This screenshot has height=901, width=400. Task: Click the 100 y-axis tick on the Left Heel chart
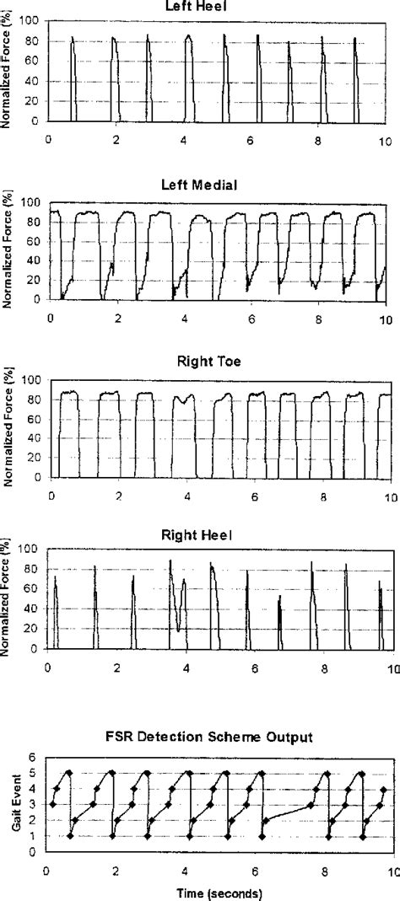[x=32, y=22]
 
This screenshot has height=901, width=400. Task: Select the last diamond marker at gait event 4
[x=384, y=790]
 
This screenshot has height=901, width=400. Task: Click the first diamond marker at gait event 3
[x=52, y=804]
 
